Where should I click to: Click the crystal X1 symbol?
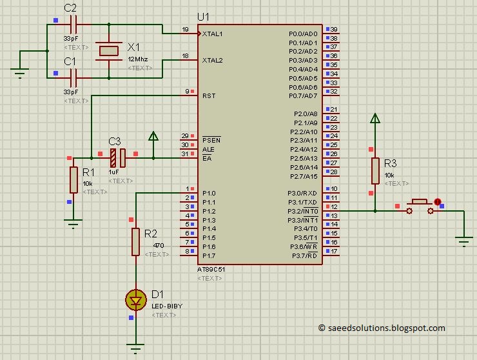pos(108,51)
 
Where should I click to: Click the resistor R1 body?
pos(73,179)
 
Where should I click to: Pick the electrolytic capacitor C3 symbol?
pos(117,157)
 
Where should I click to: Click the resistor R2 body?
pos(135,241)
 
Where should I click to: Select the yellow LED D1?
pos(135,299)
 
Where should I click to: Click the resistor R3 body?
pos(375,170)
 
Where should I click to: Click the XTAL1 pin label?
pos(213,34)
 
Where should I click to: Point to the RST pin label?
pos(208,95)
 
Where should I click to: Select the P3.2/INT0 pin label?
pos(302,211)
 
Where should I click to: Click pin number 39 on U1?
pos(334,30)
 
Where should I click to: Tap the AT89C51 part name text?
pos(211,269)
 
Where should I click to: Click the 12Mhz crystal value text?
pos(137,59)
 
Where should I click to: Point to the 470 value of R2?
pos(158,246)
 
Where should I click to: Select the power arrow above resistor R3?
pos(375,119)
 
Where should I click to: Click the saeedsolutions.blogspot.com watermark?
pos(382,328)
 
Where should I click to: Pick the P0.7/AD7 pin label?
pos(303,96)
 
